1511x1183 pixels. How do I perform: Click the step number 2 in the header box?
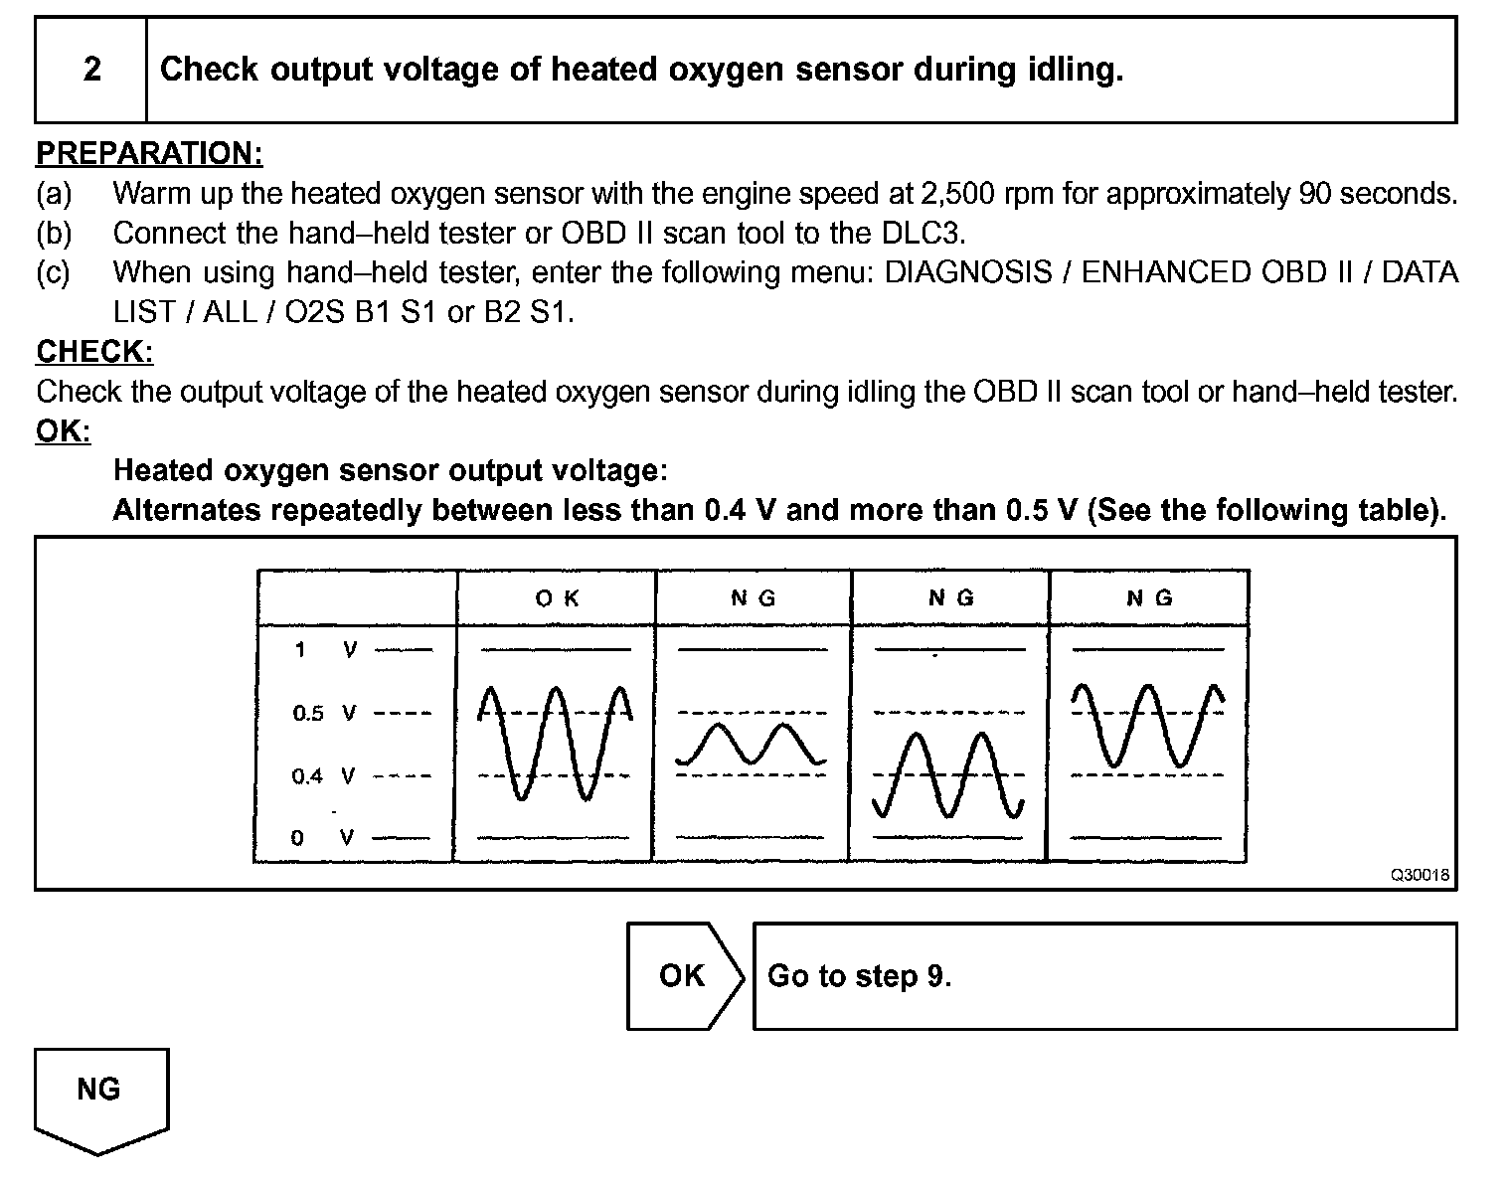[91, 70]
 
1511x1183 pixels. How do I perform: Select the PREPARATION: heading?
[149, 153]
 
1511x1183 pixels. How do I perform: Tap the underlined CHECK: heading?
[94, 352]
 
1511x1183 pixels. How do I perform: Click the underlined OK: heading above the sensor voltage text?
[63, 431]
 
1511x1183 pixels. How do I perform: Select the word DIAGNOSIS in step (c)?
[968, 272]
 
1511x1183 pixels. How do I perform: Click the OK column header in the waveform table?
[557, 598]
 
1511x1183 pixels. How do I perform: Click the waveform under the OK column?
[555, 741]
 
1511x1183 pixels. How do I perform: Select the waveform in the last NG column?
[1147, 726]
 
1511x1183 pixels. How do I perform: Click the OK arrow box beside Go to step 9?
[684, 976]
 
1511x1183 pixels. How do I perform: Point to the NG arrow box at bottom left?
[100, 1094]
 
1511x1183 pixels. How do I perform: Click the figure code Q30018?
[1419, 875]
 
